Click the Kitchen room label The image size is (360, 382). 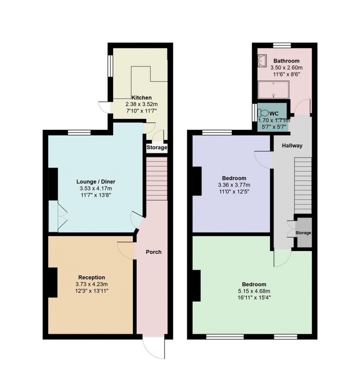[x=142, y=98]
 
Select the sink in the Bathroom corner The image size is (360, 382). [x=262, y=61]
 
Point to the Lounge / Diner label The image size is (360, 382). [x=96, y=182]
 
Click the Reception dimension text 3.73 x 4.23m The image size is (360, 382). [x=92, y=284]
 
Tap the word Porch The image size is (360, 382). [x=154, y=252]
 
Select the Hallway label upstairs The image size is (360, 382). [x=292, y=145]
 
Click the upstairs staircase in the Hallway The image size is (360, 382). [x=303, y=185]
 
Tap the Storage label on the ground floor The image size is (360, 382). [x=157, y=147]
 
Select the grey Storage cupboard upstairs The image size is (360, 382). [x=304, y=233]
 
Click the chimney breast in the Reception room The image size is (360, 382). [x=53, y=282]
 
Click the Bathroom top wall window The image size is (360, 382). [x=282, y=45]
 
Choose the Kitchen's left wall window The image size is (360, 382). [x=110, y=66]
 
